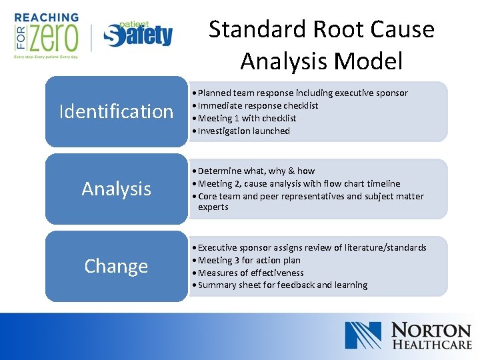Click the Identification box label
click(116, 111)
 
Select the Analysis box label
click(116, 189)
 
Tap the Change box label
click(116, 266)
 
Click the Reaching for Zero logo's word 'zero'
click(53, 39)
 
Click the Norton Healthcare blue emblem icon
click(363, 335)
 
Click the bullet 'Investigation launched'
click(243, 131)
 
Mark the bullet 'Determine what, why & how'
click(256, 171)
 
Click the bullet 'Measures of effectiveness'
click(250, 273)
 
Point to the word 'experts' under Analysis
click(213, 207)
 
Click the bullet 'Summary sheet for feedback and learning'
click(282, 285)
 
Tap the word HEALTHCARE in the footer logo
click(431, 345)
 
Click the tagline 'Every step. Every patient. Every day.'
click(45, 58)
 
